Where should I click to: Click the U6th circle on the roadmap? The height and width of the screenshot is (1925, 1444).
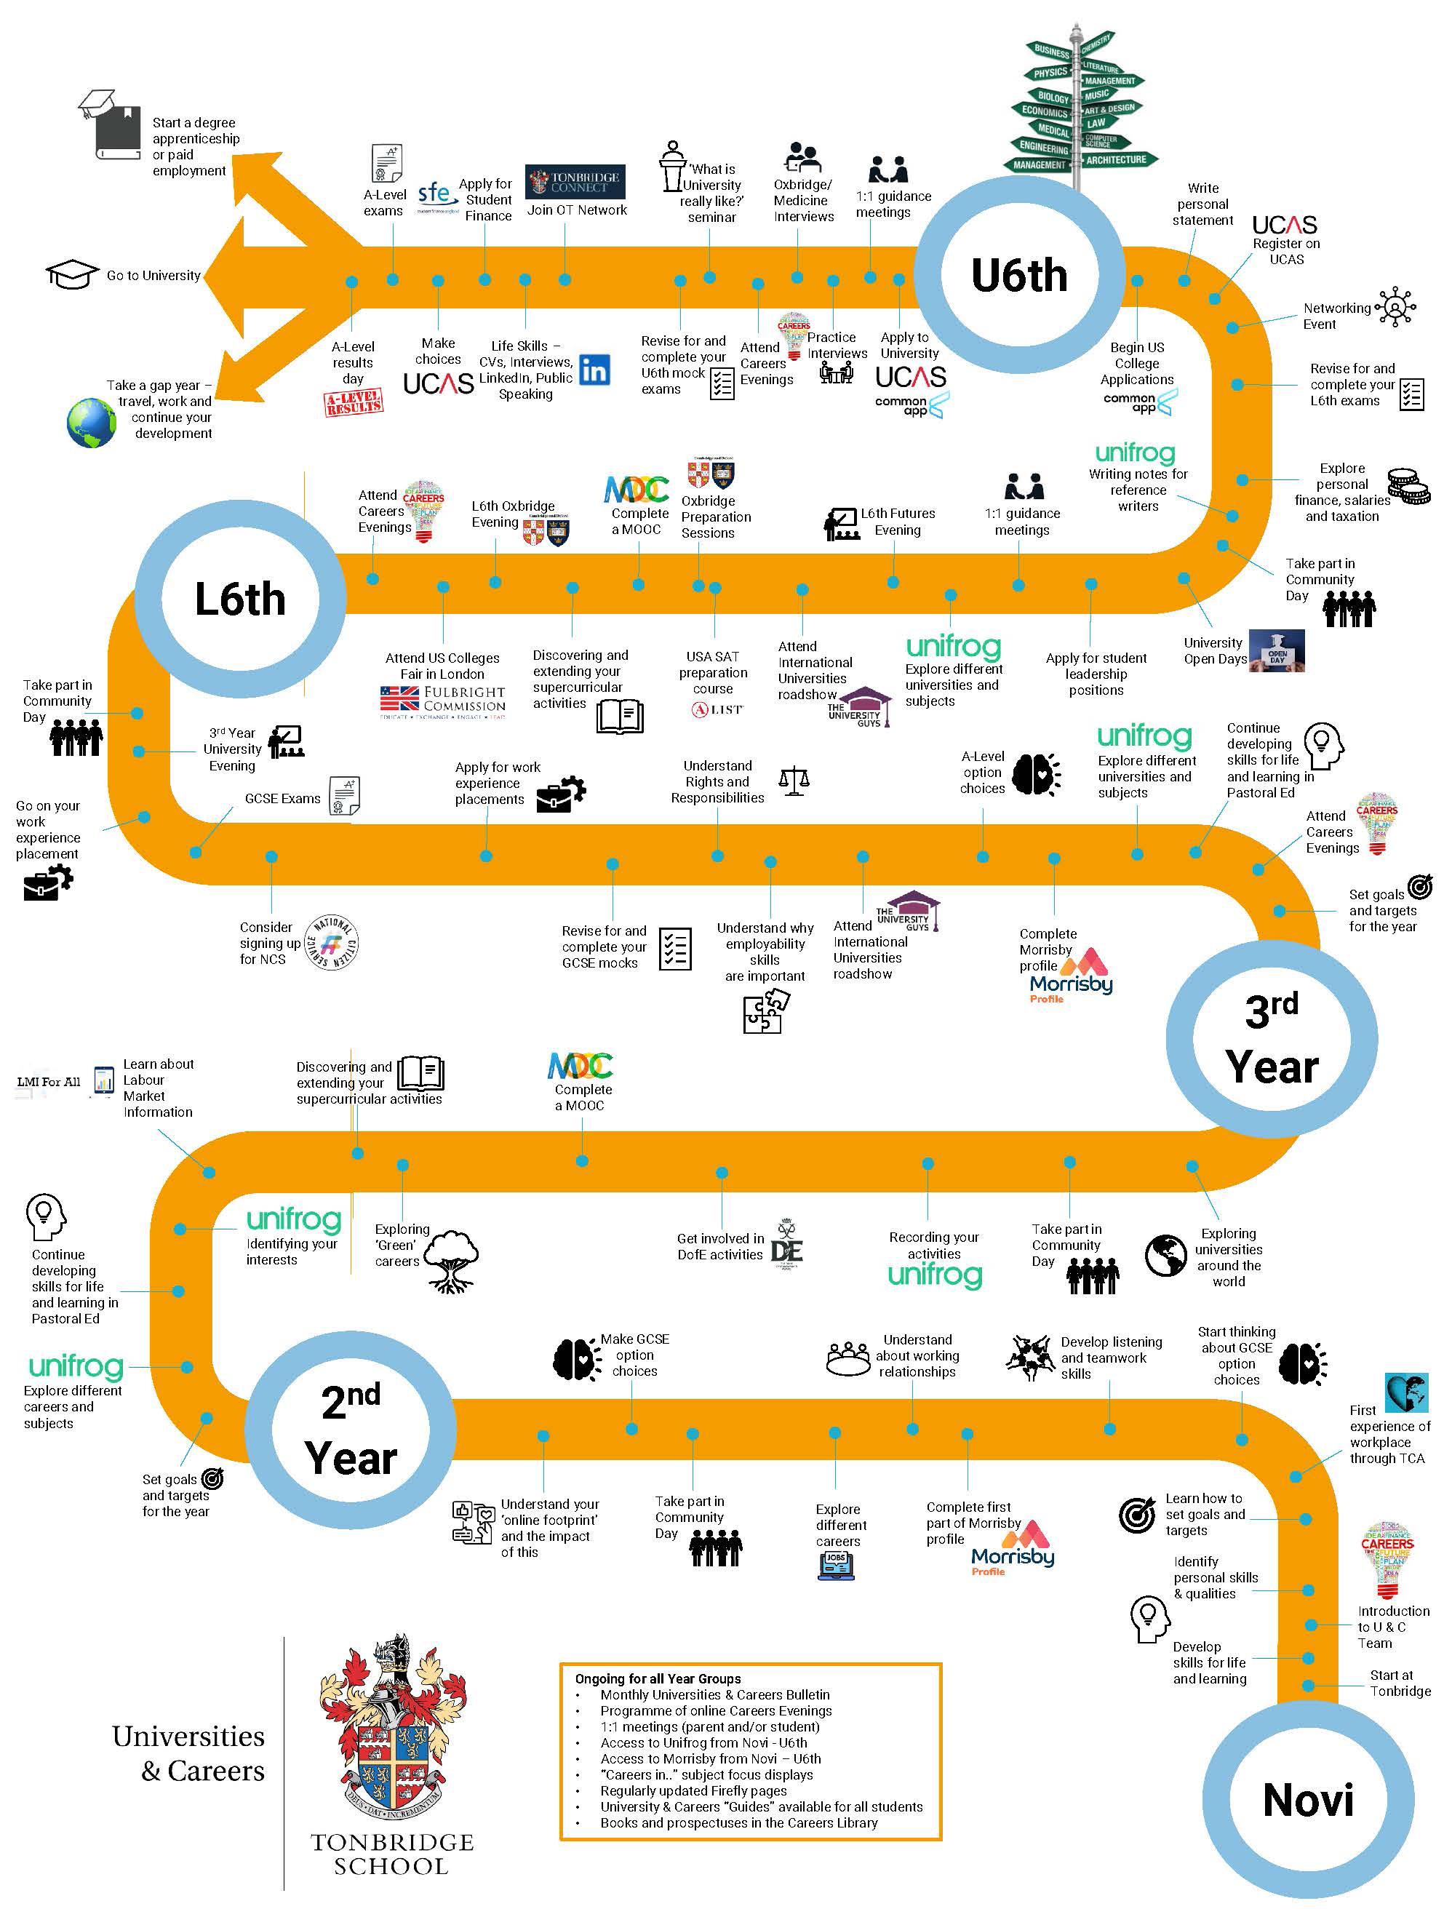(x=1018, y=275)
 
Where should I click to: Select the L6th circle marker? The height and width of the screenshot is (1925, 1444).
(x=239, y=599)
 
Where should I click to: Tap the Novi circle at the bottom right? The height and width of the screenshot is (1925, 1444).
(x=1307, y=1799)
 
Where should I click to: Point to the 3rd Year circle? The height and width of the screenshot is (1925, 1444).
(x=1271, y=1038)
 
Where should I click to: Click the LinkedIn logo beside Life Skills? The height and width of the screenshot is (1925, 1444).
(x=594, y=370)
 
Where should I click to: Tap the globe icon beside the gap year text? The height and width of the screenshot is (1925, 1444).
(x=92, y=422)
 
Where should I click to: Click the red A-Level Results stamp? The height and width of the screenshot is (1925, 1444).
(x=354, y=403)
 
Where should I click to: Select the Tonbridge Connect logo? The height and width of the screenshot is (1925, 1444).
(x=573, y=182)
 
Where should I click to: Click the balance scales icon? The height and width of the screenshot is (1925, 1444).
(x=794, y=781)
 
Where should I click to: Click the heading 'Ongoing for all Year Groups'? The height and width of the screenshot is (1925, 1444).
(x=657, y=1678)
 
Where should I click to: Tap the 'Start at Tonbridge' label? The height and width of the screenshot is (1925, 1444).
(x=1400, y=1682)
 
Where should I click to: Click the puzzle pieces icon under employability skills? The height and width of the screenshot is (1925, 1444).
(x=765, y=1012)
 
